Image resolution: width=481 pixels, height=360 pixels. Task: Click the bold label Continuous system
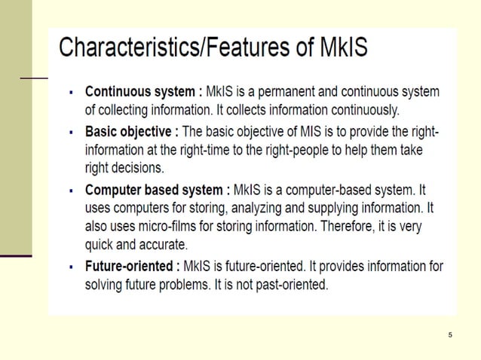coord(141,92)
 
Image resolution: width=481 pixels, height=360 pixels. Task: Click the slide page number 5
coord(449,334)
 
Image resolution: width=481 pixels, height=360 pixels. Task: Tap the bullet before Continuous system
coord(71,93)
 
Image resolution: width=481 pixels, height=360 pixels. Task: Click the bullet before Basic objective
coord(71,133)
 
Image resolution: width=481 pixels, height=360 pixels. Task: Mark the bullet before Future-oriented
coord(71,267)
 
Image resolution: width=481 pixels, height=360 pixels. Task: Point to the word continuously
coord(355,110)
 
